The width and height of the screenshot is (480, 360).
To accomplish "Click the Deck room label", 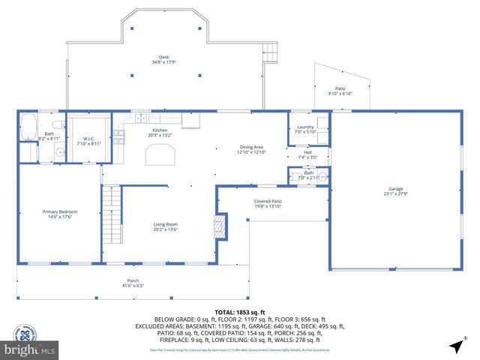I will click(163, 59).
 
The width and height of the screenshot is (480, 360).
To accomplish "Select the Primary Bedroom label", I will click(59, 214).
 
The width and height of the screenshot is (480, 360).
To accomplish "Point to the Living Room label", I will click(166, 227).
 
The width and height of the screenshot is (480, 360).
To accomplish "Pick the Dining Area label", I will click(251, 149).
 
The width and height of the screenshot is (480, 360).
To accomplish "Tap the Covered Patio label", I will click(268, 203).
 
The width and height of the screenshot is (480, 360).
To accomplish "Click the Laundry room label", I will click(305, 129).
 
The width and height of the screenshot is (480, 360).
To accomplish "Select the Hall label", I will click(307, 154).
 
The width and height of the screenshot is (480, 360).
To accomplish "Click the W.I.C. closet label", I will click(88, 140).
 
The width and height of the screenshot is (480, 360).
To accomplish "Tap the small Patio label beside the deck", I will click(340, 91).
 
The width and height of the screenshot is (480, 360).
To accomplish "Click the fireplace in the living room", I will click(220, 226).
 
